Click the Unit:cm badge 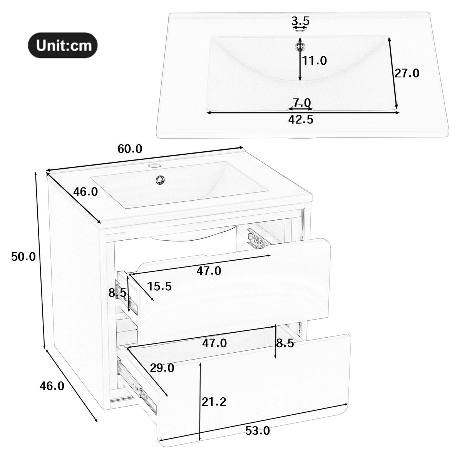(62, 45)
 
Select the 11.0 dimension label (314, 60)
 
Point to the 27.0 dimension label (407, 73)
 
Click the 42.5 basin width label (301, 120)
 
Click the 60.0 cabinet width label (130, 149)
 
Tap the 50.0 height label (23, 256)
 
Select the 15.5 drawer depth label (159, 286)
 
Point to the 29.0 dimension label (162, 368)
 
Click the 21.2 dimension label (214, 402)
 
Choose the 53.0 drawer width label (258, 430)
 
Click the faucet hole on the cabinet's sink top (154, 166)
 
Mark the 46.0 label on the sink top (85, 191)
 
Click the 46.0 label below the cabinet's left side (52, 385)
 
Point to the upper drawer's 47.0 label (209, 271)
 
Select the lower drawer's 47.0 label (214, 343)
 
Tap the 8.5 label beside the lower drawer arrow (285, 343)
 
